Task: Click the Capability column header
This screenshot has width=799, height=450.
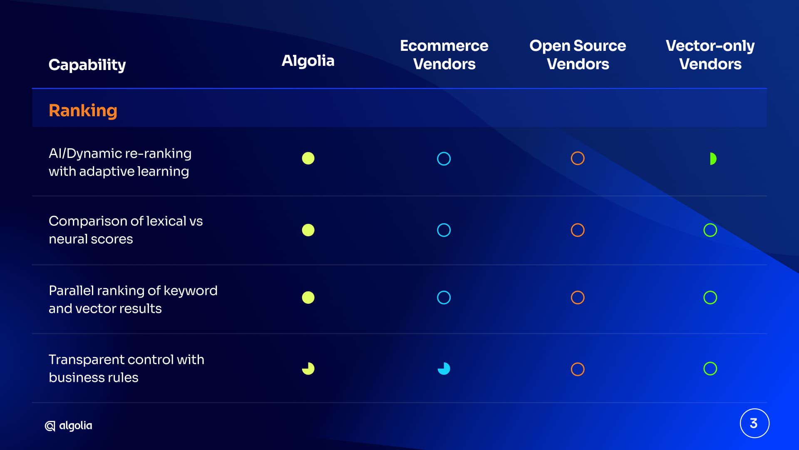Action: [x=87, y=65]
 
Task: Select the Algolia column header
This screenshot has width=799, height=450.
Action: [x=308, y=61]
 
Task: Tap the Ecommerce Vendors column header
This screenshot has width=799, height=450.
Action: [x=444, y=55]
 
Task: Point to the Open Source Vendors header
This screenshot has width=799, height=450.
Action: [x=578, y=55]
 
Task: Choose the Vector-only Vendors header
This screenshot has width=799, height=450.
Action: [x=710, y=55]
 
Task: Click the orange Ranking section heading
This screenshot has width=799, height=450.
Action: [x=83, y=111]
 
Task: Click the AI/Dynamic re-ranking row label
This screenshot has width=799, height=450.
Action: [x=120, y=162]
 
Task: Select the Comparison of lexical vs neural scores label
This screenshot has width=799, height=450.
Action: [x=126, y=230]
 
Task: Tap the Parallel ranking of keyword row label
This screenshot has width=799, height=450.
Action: [x=133, y=300]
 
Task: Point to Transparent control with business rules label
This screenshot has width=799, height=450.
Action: [x=127, y=368]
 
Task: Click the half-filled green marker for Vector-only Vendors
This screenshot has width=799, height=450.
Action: [x=713, y=159]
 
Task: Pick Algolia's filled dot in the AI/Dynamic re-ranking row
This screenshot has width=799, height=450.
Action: [x=308, y=158]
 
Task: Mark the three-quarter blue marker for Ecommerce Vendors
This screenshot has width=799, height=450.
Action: [x=444, y=369]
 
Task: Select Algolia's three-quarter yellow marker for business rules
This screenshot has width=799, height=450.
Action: [x=308, y=369]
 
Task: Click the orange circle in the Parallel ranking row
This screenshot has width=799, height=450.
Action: [x=578, y=291]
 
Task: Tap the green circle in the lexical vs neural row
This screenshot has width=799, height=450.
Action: [x=710, y=223]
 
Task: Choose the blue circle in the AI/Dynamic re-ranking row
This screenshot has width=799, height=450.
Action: [x=444, y=152]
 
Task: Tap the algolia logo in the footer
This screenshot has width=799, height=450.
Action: [x=68, y=426]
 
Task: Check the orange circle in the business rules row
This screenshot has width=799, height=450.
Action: [x=578, y=362]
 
